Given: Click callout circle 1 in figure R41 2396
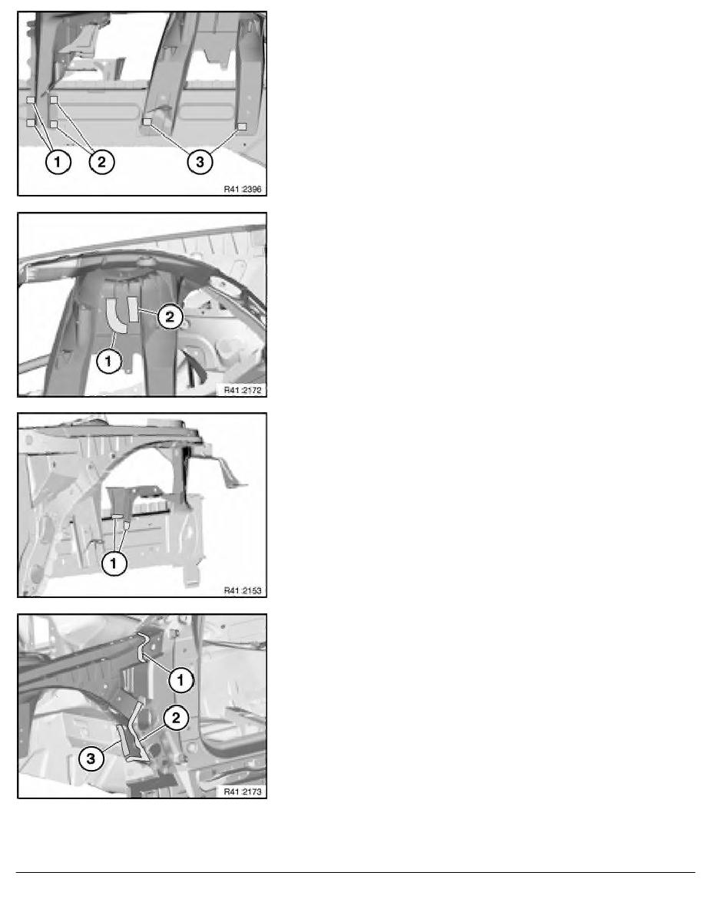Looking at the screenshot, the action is pyautogui.click(x=58, y=161).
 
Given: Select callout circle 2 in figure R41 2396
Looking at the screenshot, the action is pyautogui.click(x=101, y=161).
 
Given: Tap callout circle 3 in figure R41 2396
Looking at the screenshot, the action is pyautogui.click(x=200, y=161).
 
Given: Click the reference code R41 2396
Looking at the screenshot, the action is pyautogui.click(x=243, y=189).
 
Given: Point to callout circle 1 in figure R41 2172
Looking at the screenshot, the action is pyautogui.click(x=108, y=362).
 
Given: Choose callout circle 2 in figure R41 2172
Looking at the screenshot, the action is pyautogui.click(x=170, y=316).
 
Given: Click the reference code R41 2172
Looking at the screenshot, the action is pyautogui.click(x=243, y=390).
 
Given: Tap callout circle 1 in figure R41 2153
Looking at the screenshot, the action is pyautogui.click(x=114, y=563).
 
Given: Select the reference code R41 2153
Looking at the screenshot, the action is pyautogui.click(x=243, y=591).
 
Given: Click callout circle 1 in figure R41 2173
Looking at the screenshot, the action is pyautogui.click(x=180, y=679).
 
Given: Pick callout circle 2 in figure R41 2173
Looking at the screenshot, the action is pyautogui.click(x=177, y=718).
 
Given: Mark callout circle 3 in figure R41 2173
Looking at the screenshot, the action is pyautogui.click(x=91, y=758).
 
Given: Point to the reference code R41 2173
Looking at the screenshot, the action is pyautogui.click(x=243, y=791).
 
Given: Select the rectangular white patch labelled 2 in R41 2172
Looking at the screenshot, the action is pyautogui.click(x=133, y=309).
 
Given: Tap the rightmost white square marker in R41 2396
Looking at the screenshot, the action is pyautogui.click(x=242, y=126).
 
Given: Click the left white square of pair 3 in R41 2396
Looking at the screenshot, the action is pyautogui.click(x=147, y=122).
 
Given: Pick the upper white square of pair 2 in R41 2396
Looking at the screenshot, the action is pyautogui.click(x=54, y=100).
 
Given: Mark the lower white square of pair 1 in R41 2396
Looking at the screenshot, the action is pyautogui.click(x=30, y=123).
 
